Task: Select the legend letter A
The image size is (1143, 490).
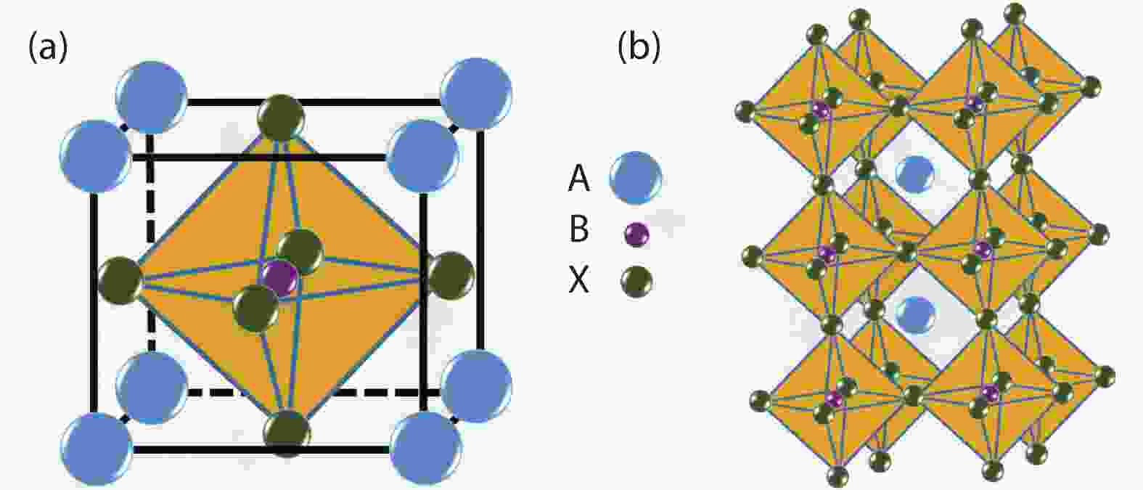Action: [579, 180]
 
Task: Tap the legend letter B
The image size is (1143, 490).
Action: [579, 229]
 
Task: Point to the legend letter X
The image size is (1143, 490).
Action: [579, 281]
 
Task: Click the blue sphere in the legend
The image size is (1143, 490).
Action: [636, 178]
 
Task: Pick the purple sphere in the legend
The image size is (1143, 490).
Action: [637, 234]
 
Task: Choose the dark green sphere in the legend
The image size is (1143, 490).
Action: [637, 282]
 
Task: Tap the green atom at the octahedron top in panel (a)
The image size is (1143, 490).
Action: [281, 118]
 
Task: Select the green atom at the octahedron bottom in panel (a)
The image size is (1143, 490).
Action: [287, 433]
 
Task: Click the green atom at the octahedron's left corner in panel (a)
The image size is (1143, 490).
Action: [120, 281]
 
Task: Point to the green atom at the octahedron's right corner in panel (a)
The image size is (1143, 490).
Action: [451, 276]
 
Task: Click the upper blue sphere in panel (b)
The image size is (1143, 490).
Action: [915, 174]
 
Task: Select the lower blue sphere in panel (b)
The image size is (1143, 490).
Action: [917, 316]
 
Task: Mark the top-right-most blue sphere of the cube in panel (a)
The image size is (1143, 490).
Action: [476, 94]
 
